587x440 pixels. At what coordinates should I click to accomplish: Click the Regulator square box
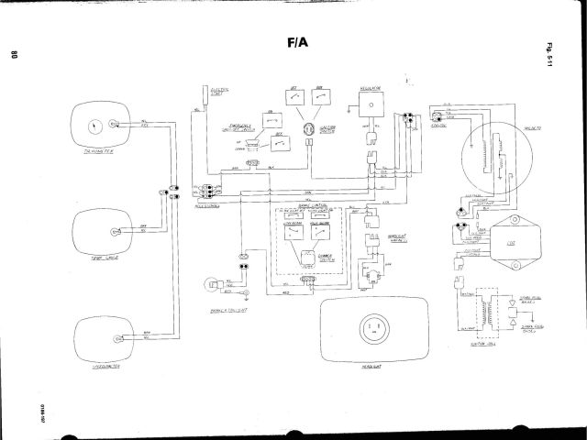[370, 106]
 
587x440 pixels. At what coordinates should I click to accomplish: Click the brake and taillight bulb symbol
[210, 285]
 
